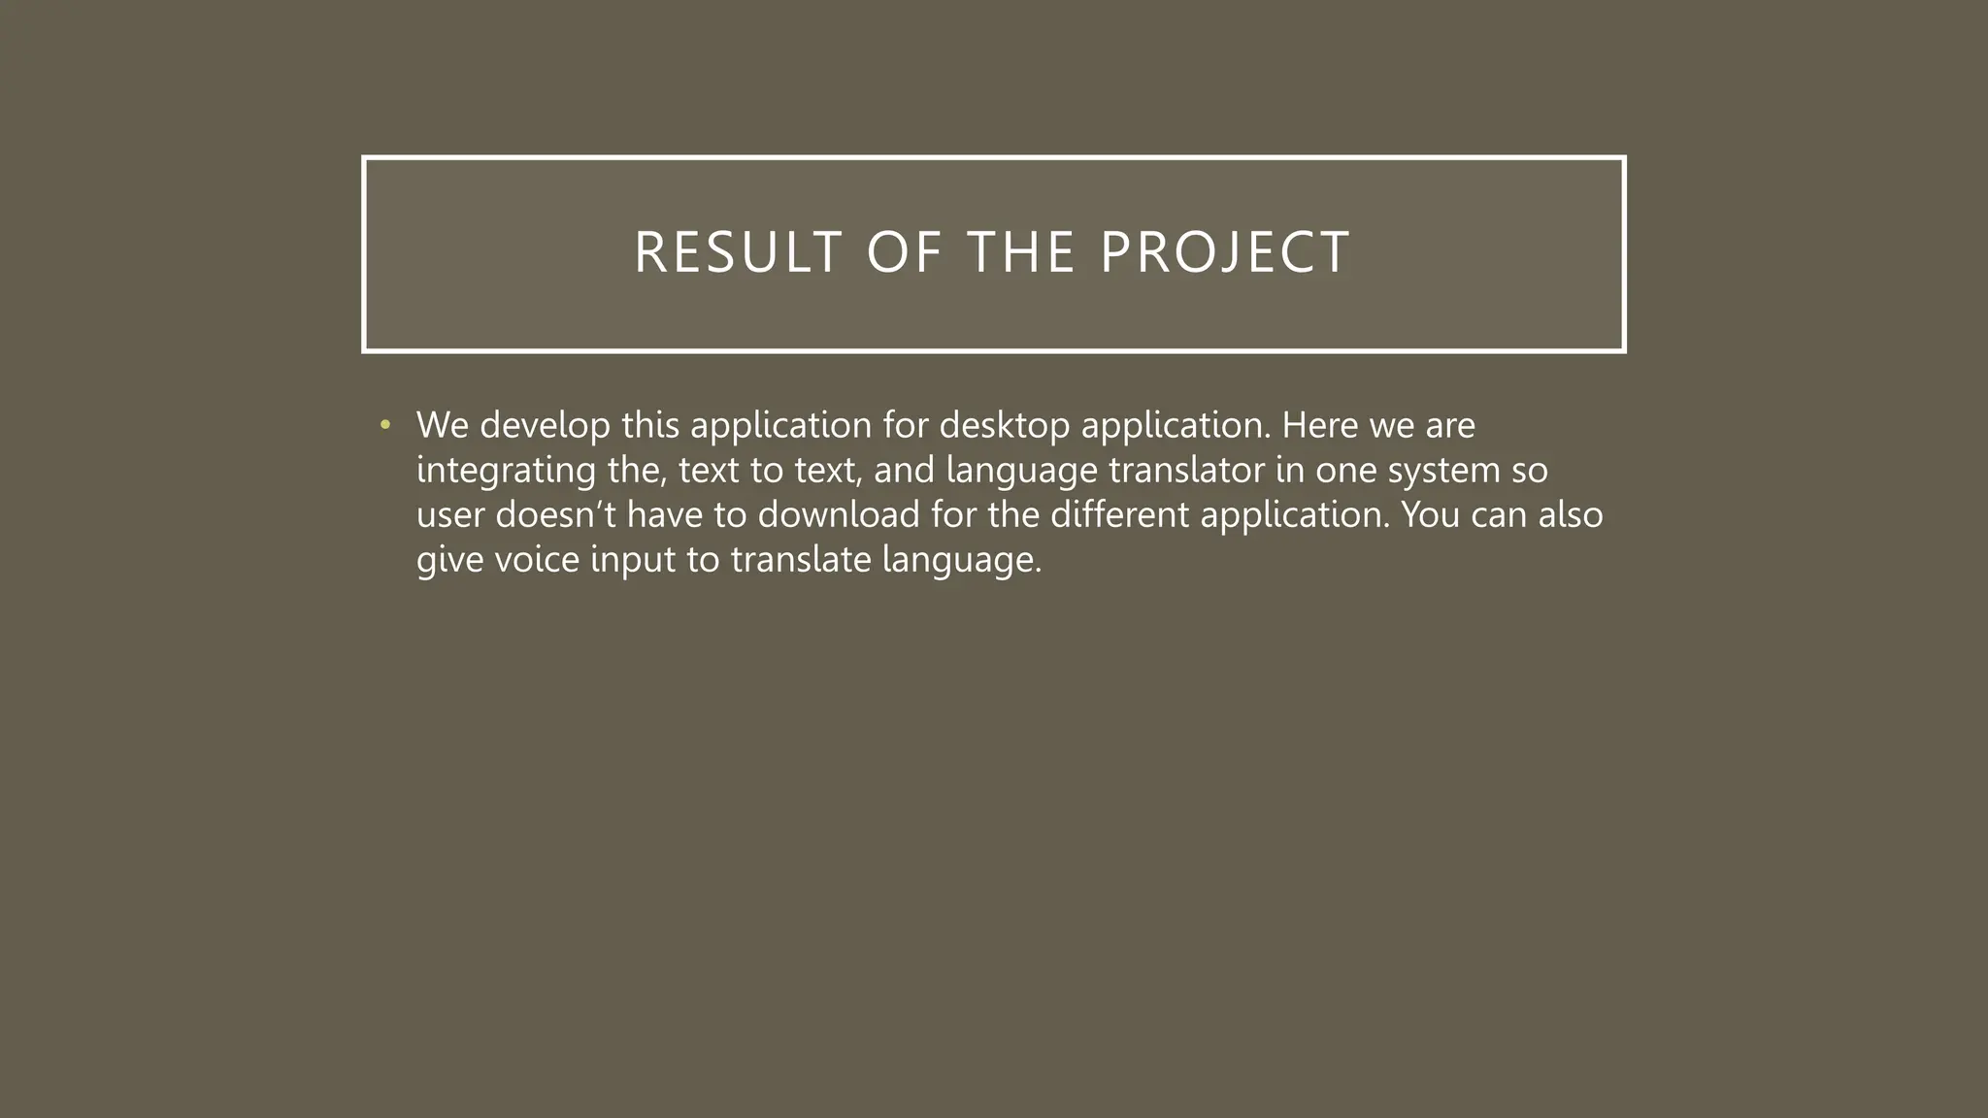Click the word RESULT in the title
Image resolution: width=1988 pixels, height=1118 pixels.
(x=738, y=252)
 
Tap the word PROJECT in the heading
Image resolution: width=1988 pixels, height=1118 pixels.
(x=1225, y=252)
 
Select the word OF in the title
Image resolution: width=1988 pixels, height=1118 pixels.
(x=904, y=252)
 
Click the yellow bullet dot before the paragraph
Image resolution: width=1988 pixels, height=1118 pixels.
(x=385, y=425)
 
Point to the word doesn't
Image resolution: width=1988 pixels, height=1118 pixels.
(x=555, y=514)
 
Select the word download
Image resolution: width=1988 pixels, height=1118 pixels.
(x=839, y=514)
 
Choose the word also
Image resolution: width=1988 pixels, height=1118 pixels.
(x=1571, y=514)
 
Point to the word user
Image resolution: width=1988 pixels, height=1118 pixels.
(x=450, y=514)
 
